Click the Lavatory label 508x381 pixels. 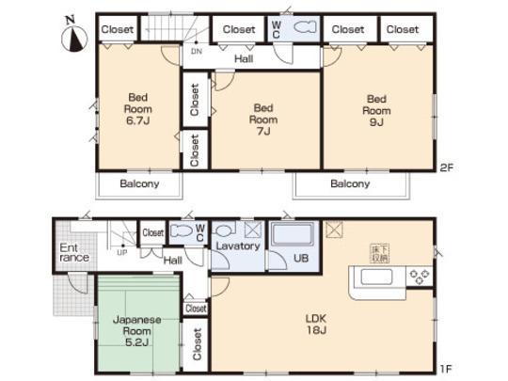click(237, 246)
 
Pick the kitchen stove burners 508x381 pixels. click(418, 276)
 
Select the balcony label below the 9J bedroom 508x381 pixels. click(350, 183)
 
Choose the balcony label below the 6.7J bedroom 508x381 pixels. click(138, 183)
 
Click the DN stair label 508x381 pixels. click(196, 51)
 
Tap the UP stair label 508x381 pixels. click(122, 252)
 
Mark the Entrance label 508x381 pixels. click(74, 251)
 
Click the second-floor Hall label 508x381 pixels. click(243, 58)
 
